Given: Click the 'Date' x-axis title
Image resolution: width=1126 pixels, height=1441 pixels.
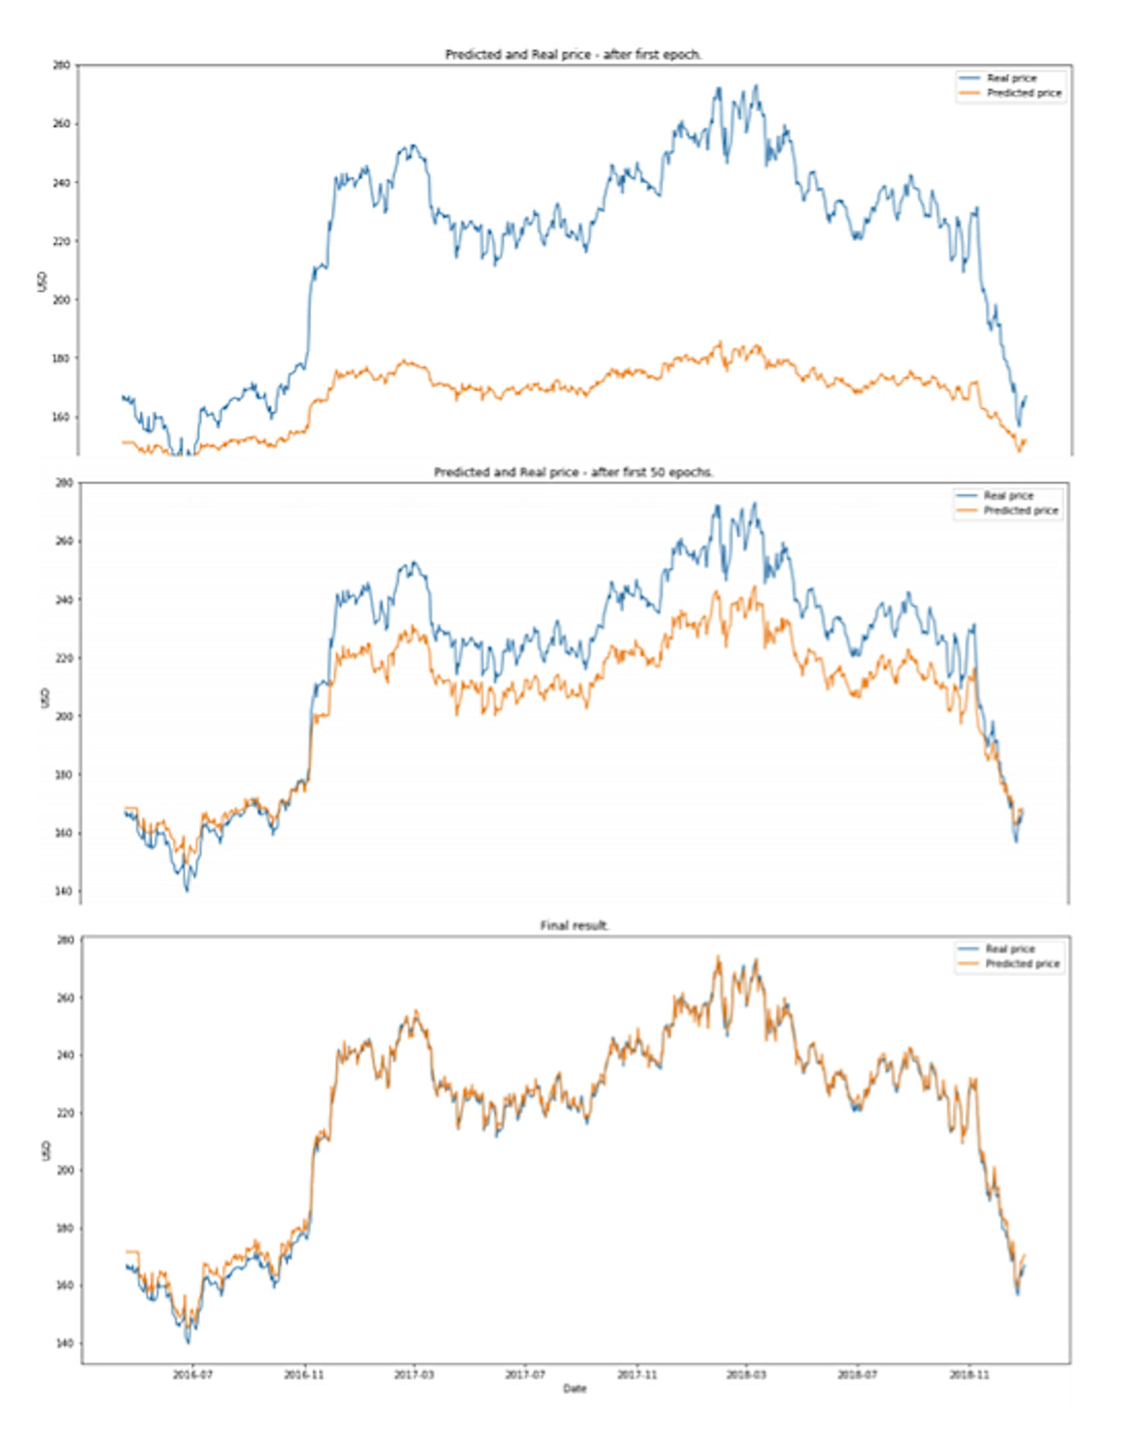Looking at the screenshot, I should click(574, 1389).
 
